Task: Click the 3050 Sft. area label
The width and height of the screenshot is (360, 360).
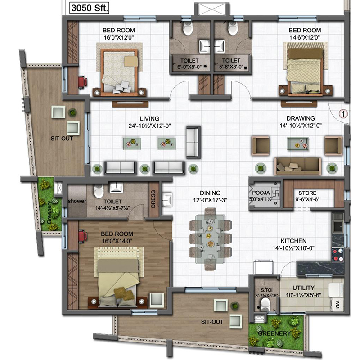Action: tap(89, 8)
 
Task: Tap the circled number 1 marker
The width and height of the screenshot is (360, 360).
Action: tap(343, 114)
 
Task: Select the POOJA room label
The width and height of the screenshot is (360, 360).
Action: tap(261, 193)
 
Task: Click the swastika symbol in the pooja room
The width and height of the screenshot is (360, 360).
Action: tap(275, 193)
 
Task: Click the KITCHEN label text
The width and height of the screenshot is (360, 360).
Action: tap(293, 241)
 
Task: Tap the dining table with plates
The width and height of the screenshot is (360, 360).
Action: tap(210, 239)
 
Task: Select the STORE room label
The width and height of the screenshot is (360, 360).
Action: tap(307, 193)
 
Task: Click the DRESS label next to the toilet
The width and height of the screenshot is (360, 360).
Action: tap(153, 199)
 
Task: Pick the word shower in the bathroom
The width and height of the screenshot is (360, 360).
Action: tap(77, 201)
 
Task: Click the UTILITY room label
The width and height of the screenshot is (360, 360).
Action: tap(303, 288)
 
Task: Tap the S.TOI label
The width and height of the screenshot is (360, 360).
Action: tap(266, 290)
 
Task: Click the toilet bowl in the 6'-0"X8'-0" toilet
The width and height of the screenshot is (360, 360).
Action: tap(188, 29)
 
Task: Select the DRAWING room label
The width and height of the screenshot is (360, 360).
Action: tap(301, 118)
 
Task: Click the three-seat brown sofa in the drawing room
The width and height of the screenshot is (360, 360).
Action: tap(298, 166)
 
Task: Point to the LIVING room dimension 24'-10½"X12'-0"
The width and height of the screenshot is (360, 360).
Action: tap(149, 126)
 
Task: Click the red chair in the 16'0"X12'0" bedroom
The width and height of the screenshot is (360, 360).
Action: tap(82, 82)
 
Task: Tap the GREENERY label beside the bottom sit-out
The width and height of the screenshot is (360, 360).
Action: tap(274, 333)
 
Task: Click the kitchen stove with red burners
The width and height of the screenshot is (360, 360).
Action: tap(337, 255)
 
